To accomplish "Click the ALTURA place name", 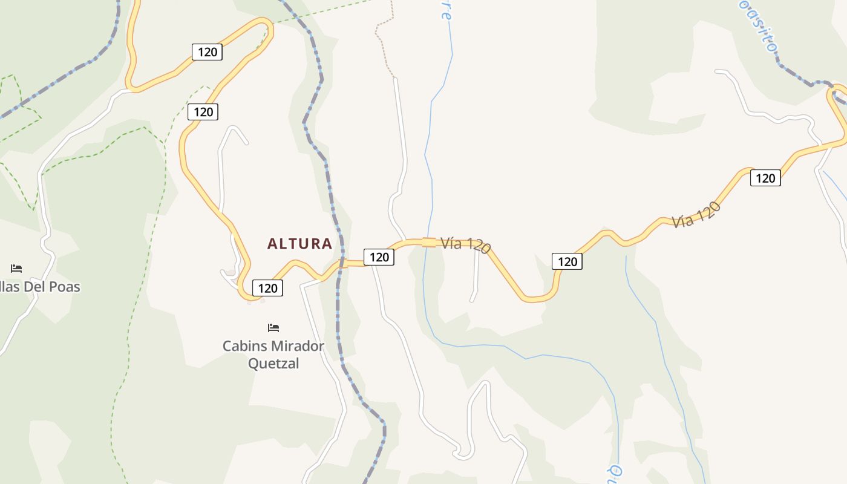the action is coord(299,244).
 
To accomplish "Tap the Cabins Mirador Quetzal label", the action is coord(273,355).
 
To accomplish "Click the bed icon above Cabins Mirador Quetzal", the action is coord(273,328).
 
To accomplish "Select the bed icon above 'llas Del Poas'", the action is coord(16,269).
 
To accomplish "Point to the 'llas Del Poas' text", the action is coord(40,287).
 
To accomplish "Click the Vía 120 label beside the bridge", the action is coord(465,244).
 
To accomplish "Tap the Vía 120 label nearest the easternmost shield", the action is coord(696,215).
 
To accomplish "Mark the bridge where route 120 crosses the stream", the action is coord(428,242).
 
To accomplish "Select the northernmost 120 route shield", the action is coord(207,52).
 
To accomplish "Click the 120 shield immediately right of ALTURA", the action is coord(379,257).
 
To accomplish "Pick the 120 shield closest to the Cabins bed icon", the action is coord(267,288).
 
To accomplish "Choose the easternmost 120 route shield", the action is coord(765,178).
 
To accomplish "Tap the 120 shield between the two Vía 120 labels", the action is coord(567,261).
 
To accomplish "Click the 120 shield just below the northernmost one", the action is coord(203,112).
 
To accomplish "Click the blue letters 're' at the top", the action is coord(446,10).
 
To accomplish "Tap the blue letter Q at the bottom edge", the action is coord(615,471).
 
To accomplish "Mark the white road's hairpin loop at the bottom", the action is coord(465,452).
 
